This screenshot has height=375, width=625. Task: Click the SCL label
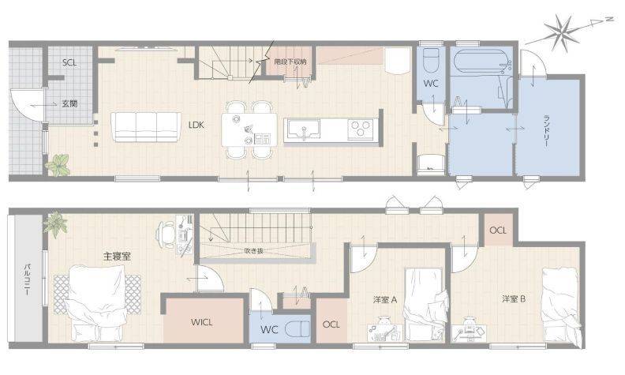69,62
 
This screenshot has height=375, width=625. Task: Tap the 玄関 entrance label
69,103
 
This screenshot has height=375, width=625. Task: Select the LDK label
196,125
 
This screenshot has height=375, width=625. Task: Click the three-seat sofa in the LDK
146,127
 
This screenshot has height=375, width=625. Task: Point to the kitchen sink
304,129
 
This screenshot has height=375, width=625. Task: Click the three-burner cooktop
361,129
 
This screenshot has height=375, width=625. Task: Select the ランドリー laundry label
547,130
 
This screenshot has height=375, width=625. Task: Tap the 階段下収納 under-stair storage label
290,62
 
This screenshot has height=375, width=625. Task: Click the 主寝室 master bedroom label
117,256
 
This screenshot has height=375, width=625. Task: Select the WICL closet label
202,322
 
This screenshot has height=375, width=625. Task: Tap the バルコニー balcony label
28,279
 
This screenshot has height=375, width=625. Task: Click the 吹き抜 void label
254,251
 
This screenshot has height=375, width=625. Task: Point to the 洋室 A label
385,299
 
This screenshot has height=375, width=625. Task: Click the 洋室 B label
514,298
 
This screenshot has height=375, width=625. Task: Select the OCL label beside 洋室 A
331,324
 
